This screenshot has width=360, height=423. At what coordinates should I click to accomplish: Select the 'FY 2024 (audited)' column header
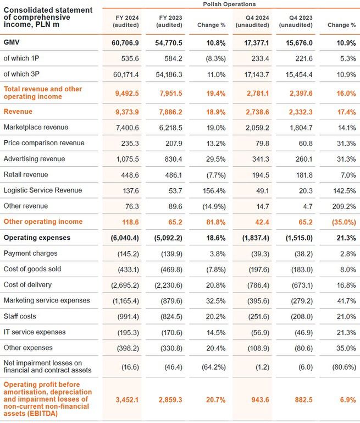pos(125,21)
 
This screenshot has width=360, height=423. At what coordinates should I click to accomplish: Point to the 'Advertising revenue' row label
pos(34,159)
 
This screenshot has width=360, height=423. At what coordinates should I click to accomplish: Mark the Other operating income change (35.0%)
pos(341,222)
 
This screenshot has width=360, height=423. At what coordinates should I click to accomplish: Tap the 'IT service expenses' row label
pos(34,332)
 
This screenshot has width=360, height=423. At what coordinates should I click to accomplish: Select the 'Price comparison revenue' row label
pos(44,143)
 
